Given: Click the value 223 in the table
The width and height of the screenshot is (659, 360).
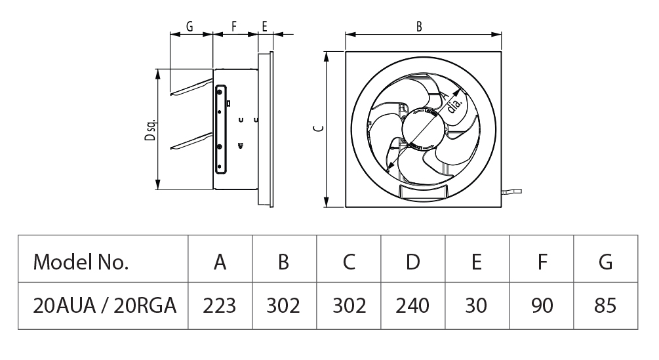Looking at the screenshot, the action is point(220,306).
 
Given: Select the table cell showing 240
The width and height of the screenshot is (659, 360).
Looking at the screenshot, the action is point(412,306).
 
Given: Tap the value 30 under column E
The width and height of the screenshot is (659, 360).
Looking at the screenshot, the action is point(476,306).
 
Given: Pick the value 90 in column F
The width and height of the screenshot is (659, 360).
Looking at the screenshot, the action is point(542,306).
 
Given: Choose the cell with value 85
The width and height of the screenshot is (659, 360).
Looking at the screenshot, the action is point(605,306).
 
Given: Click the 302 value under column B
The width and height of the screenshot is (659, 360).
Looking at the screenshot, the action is point(283,306).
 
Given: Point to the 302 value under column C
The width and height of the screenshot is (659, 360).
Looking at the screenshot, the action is point(349,306).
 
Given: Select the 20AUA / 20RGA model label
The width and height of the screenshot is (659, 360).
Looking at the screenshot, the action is point(105,306).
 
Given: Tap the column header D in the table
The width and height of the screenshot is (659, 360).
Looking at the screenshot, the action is point(412,262).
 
